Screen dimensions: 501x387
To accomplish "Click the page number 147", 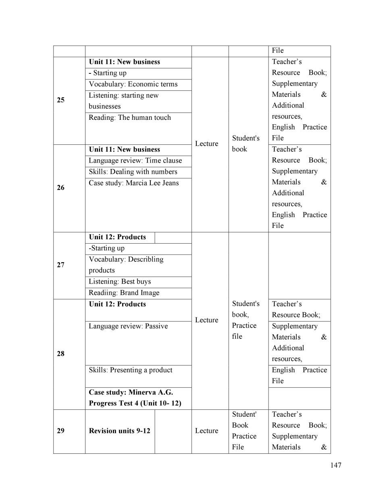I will click(x=335, y=465).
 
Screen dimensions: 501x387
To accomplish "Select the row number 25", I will click(x=60, y=100).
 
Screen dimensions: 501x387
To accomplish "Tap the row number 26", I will click(x=60, y=188).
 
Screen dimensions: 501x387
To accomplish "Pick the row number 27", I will click(x=60, y=265).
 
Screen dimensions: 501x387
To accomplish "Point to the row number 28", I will click(x=60, y=354).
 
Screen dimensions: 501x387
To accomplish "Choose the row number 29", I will click(x=60, y=431).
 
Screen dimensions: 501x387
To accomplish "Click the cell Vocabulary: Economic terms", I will click(x=133, y=84).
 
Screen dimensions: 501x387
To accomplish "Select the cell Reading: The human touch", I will click(x=130, y=118).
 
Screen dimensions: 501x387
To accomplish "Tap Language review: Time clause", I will click(x=135, y=161).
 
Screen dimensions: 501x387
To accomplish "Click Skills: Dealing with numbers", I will click(x=133, y=172).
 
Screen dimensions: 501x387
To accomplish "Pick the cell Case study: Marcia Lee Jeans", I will click(x=134, y=183).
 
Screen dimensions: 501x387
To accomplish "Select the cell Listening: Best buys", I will click(x=120, y=282).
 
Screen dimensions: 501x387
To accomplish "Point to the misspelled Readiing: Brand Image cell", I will click(x=124, y=293).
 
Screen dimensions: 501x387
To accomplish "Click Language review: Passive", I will click(x=128, y=326).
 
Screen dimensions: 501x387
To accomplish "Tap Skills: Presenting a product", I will click(x=131, y=370).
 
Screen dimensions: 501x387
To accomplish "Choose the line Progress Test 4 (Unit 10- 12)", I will click(x=135, y=403).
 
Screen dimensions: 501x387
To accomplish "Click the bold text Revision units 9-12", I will click(x=119, y=431).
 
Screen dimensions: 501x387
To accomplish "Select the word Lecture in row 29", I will click(x=206, y=431).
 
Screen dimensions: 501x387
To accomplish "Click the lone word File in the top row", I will click(x=278, y=51).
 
